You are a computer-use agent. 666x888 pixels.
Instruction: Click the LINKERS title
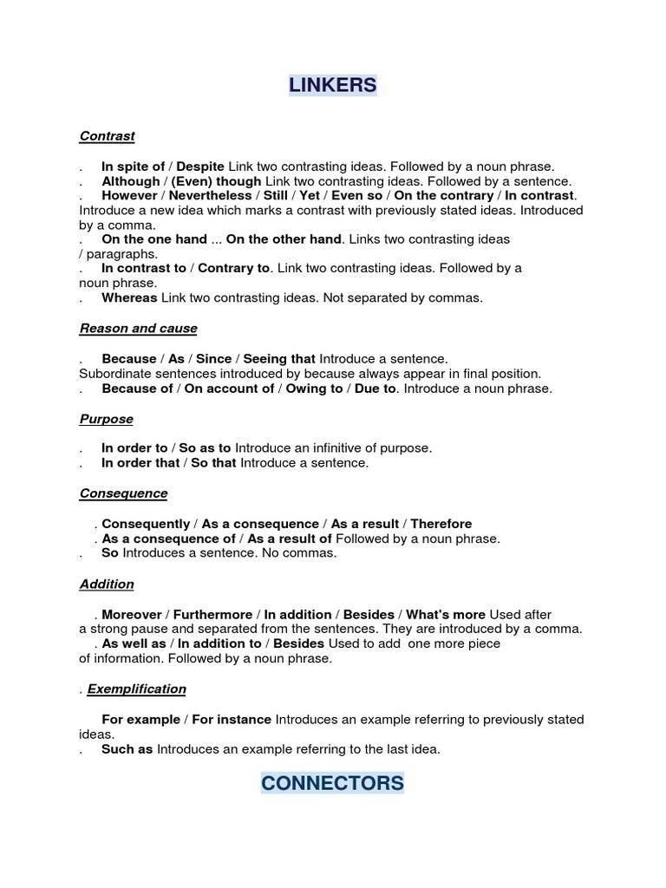coord(333,85)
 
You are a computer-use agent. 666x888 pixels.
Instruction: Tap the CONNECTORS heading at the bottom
coord(332,783)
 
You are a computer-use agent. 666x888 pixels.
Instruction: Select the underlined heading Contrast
coord(107,136)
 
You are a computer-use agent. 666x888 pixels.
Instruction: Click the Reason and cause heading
coord(138,329)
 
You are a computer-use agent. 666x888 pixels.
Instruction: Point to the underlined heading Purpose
coord(106,419)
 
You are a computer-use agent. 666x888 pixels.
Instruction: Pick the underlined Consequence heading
coord(123,493)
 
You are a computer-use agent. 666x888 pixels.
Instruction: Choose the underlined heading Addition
coord(107,584)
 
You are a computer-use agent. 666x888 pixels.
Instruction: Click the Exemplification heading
coord(136,689)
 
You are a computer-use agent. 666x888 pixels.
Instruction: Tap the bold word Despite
coord(200,166)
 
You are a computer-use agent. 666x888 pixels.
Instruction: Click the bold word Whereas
coord(129,297)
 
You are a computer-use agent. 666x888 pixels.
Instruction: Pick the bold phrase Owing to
coord(314,388)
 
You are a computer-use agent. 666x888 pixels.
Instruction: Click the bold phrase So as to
coord(205,448)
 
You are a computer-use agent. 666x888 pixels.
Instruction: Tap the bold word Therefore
coord(441,524)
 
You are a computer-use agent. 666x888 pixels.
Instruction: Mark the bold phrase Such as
coord(127,749)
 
